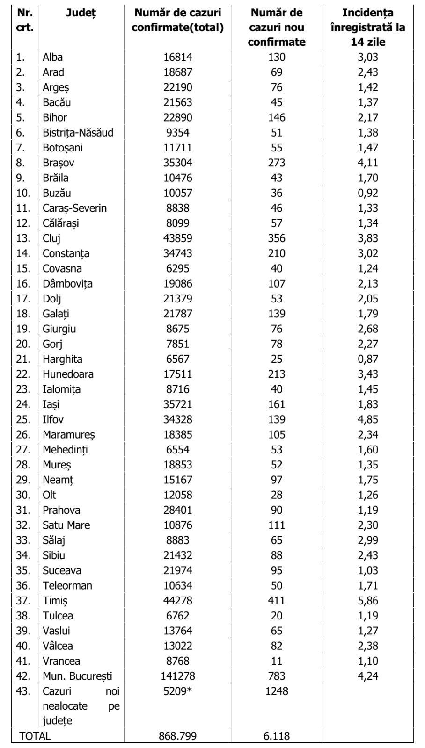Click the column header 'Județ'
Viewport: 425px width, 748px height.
(81, 13)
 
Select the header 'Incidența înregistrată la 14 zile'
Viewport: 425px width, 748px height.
(367, 27)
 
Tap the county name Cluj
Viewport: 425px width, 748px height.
(51, 238)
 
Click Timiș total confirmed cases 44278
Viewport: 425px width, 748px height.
(178, 600)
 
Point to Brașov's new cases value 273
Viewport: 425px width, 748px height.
(276, 163)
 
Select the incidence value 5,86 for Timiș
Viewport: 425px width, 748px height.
(367, 600)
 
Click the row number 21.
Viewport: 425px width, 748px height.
(23, 359)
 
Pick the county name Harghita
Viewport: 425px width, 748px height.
(62, 359)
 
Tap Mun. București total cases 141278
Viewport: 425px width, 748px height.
(178, 676)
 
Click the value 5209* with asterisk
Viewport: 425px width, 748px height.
(178, 691)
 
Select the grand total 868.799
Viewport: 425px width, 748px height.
(178, 736)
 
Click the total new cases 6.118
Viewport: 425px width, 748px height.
(276, 736)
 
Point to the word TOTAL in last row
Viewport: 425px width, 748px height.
(35, 736)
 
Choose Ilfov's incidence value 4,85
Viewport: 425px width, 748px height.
(367, 419)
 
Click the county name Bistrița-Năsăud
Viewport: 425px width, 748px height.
(78, 132)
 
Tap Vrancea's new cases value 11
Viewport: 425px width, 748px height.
(276, 661)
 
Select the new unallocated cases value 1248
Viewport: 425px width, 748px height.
(276, 691)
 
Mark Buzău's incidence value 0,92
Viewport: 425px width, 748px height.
(367, 193)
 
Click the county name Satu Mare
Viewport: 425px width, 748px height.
(66, 525)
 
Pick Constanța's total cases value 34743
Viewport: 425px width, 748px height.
(178, 253)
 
